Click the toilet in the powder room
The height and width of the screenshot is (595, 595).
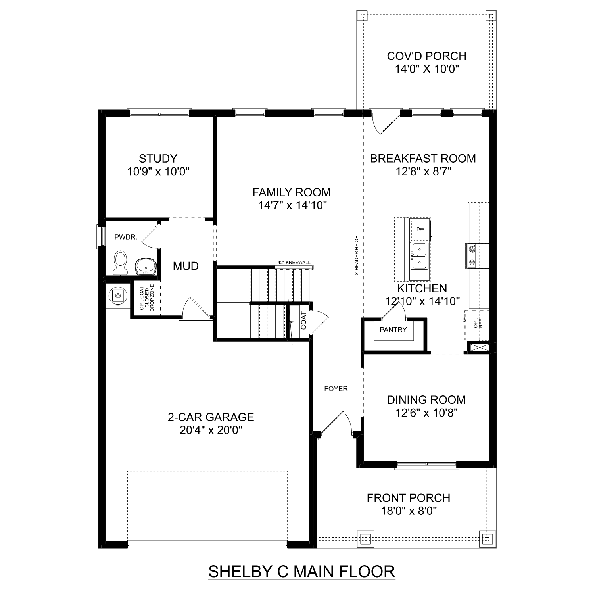point(120,263)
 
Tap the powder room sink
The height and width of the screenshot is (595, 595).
point(146,266)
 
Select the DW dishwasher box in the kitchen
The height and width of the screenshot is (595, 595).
point(420,229)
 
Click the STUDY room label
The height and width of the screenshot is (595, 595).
point(158,159)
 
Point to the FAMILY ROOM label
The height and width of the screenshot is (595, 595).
point(292,192)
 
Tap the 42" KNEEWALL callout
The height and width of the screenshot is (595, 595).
point(294,263)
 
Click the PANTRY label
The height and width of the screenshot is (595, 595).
point(393,330)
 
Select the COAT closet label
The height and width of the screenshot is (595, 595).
point(304,321)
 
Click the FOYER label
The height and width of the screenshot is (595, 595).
point(336,389)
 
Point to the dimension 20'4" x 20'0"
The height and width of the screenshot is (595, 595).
point(211,430)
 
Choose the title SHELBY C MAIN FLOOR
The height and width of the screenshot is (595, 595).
point(301,572)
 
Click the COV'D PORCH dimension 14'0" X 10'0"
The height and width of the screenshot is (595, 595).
point(427,69)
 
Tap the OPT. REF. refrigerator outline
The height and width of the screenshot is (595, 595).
point(477,324)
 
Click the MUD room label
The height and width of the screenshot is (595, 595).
point(186,266)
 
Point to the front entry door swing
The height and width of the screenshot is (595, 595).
point(337,424)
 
